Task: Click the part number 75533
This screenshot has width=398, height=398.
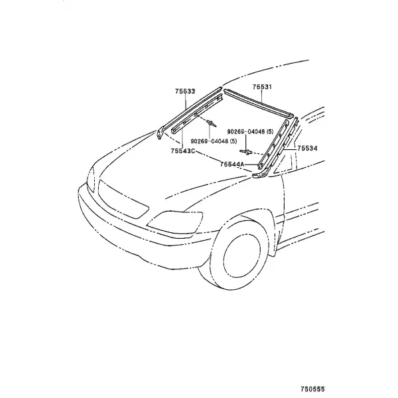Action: point(185,92)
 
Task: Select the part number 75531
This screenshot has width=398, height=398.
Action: point(262,87)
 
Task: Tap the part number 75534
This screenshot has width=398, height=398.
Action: point(307,148)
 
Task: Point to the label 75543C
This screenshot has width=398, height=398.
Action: point(183,151)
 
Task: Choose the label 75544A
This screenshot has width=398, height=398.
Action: point(232,165)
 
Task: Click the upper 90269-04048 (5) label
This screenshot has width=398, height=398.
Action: point(250,131)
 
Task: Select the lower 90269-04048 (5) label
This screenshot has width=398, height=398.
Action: point(214,141)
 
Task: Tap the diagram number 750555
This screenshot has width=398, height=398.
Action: point(312,389)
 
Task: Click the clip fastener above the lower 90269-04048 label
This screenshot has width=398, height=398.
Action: point(212,123)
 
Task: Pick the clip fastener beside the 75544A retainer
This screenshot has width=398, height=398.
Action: point(246,152)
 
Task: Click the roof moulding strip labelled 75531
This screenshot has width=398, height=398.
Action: point(259,103)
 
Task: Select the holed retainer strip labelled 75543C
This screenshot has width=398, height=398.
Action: point(197,113)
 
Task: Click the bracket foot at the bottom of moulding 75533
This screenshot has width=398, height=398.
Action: point(160,133)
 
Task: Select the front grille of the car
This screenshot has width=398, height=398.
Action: point(123,200)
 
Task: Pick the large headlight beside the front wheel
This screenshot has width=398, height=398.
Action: point(175,222)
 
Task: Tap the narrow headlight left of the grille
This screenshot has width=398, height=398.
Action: point(91,178)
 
